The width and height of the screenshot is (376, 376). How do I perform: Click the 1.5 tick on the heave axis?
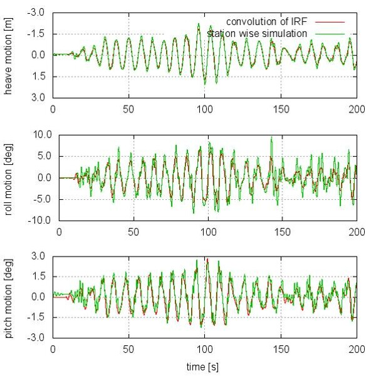[39, 76]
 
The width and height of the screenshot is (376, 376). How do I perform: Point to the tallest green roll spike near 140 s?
[271, 137]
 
